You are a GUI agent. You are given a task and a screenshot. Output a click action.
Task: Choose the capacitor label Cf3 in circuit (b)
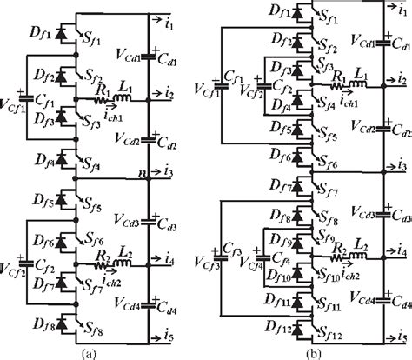(231, 244)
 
